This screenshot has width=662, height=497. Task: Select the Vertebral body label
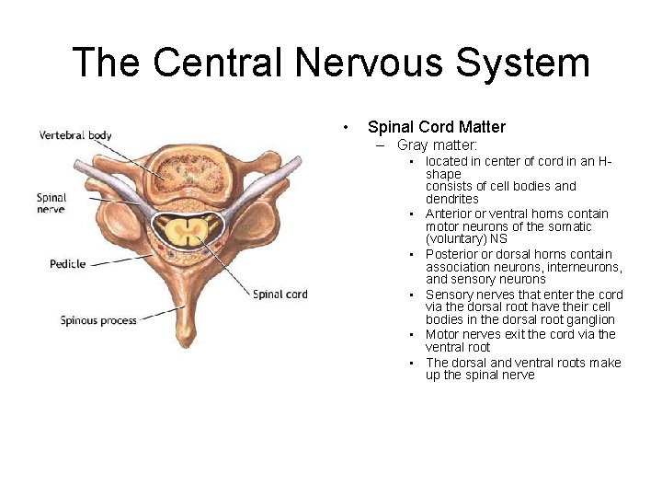tap(75, 135)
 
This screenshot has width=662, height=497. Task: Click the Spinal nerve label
tap(51, 202)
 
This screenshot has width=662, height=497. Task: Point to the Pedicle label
tap(67, 264)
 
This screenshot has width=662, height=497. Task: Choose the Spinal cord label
tap(280, 295)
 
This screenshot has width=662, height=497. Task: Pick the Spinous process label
tap(98, 320)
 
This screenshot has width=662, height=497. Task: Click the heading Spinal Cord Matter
tap(436, 127)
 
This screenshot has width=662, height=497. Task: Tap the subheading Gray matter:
tap(438, 145)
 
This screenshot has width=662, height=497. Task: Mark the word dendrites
tap(451, 199)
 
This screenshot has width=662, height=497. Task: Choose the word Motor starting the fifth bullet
tap(443, 334)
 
